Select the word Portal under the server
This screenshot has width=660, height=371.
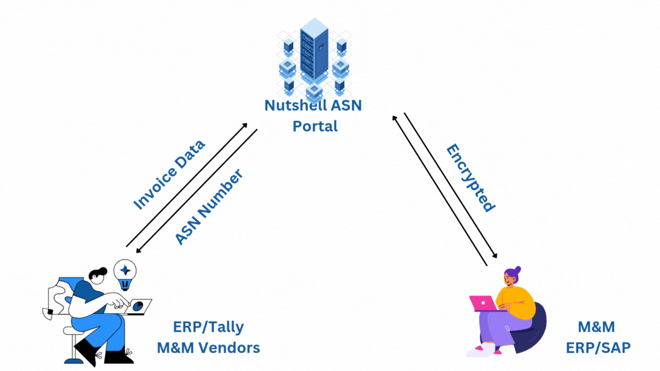point(315,126)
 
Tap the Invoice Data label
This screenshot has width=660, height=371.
point(169,174)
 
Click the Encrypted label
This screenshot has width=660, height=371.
point(470,178)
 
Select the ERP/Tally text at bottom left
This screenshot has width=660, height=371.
point(209,327)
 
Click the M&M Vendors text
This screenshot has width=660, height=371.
point(209,348)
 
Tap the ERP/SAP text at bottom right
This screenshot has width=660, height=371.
point(598,348)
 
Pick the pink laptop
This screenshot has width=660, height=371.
point(482,303)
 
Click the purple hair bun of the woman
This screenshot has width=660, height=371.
point(517,269)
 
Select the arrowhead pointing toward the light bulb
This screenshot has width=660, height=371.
point(138,251)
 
